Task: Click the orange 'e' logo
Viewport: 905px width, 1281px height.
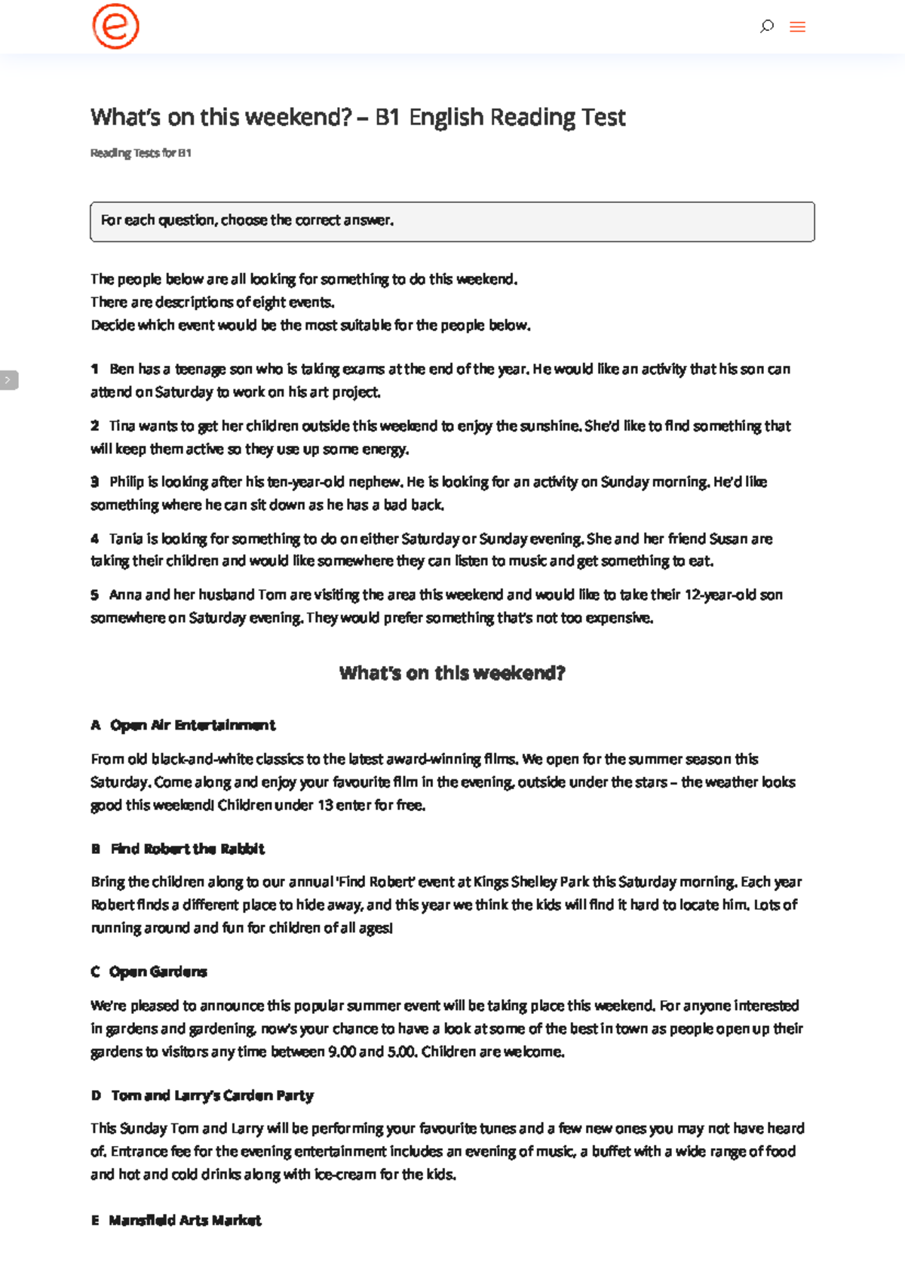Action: tap(115, 26)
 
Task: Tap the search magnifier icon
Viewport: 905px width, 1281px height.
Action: tap(767, 26)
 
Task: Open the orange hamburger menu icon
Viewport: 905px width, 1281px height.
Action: tap(797, 27)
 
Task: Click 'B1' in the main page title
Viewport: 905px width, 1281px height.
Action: tap(387, 117)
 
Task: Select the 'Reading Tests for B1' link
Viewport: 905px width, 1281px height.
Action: tap(141, 153)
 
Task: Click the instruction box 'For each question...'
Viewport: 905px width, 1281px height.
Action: tap(452, 221)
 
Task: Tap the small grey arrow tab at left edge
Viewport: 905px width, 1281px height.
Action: tap(8, 379)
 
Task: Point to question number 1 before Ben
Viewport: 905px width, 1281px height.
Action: tap(94, 369)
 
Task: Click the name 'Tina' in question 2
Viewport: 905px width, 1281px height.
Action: tap(122, 425)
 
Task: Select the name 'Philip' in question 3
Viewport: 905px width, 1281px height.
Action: tap(127, 481)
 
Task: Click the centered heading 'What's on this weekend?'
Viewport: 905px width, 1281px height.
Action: tap(452, 673)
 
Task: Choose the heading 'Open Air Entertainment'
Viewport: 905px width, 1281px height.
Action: tap(193, 725)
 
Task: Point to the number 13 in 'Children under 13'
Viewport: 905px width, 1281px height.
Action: tap(325, 805)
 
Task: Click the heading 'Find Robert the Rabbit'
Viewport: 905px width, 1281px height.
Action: tap(188, 849)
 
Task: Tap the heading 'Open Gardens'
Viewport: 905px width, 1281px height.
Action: tap(158, 972)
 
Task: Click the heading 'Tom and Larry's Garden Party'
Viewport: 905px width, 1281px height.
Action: tap(212, 1095)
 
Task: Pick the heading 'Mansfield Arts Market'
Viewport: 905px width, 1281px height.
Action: tap(185, 1220)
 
